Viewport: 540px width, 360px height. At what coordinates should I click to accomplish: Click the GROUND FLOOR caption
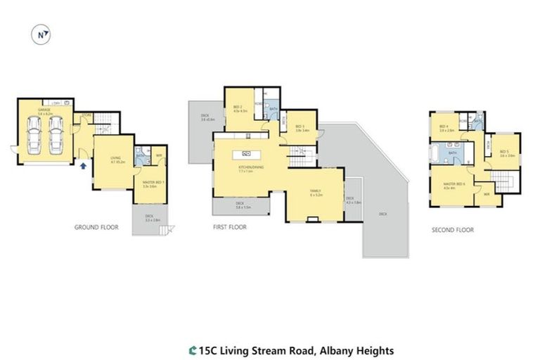96,228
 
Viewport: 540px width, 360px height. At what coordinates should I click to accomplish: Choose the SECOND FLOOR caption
452,230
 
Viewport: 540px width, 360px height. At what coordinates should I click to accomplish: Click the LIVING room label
113,160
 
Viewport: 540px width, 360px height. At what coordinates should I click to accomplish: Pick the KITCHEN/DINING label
245,167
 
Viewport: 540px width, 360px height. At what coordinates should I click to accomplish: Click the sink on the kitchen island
246,153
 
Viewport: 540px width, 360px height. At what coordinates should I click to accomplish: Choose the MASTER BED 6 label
450,186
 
